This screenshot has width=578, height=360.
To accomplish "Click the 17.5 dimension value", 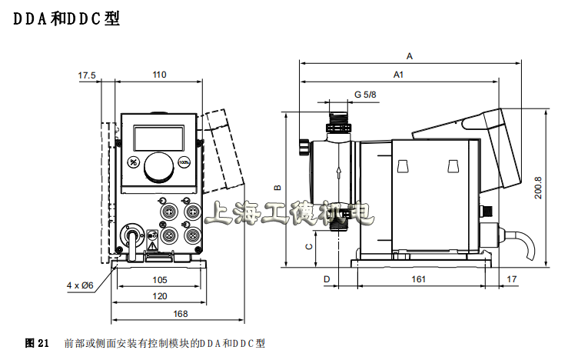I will pyautogui.click(x=87, y=75).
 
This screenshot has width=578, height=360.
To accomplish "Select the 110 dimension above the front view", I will pyautogui.click(x=158, y=75).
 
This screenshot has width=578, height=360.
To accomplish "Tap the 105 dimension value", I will pyautogui.click(x=159, y=279).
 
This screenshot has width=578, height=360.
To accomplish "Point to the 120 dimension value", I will pyautogui.click(x=159, y=296).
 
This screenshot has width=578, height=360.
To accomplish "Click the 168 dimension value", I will pyautogui.click(x=178, y=313).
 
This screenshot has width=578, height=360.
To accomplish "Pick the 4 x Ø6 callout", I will pyautogui.click(x=79, y=285).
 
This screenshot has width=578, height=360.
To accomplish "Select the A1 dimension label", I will pyautogui.click(x=398, y=75).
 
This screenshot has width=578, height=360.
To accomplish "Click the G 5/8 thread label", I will pyautogui.click(x=365, y=95).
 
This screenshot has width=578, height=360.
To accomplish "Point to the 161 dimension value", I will pyautogui.click(x=418, y=279).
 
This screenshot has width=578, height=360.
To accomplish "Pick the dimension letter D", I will pyautogui.click(x=327, y=279).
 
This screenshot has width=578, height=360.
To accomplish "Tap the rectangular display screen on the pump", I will pyautogui.click(x=159, y=137).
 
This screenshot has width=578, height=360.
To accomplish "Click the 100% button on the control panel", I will pyautogui.click(x=184, y=162).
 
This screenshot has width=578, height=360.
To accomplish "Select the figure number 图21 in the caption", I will pyautogui.click(x=37, y=342).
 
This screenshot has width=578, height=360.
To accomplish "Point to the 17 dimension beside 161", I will pyautogui.click(x=513, y=279).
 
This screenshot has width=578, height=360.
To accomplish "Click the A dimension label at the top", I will pyautogui.click(x=410, y=56).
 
